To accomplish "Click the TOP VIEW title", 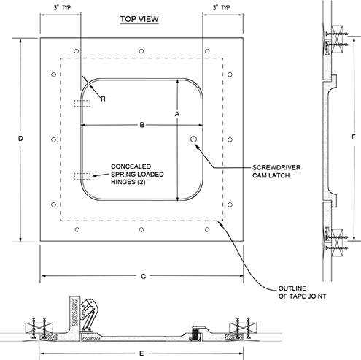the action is tap(139, 19).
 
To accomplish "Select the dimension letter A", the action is tap(177, 114).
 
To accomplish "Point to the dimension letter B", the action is tap(142, 125).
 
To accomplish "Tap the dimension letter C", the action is tap(144, 277).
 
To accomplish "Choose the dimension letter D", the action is tap(20, 139).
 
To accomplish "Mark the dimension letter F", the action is tap(354, 137).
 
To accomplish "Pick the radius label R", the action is tap(103, 99).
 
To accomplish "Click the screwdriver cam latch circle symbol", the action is tap(193, 139).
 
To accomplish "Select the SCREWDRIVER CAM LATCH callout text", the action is tap(276, 172).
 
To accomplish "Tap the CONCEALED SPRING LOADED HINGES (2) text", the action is tap(137, 174).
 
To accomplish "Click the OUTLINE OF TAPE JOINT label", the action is tap(302, 292).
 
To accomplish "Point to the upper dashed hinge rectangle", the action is tap(82, 104).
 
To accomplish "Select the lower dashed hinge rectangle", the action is tap(82, 176).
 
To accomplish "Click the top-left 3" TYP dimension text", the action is tap(62, 7).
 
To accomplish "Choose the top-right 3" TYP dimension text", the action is tap(221, 7).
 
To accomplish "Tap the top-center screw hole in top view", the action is tap(141, 51).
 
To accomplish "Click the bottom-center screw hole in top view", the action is tap(141, 229).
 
